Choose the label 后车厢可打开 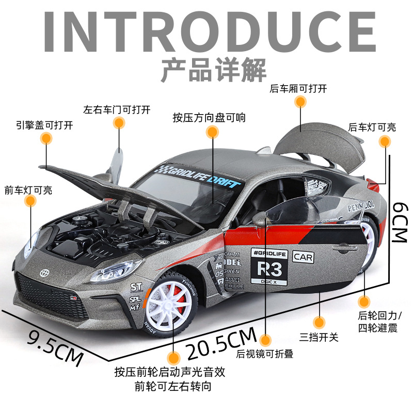point(298,88)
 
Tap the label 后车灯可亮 point(372,127)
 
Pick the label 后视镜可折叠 point(264,354)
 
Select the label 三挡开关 point(319,337)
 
